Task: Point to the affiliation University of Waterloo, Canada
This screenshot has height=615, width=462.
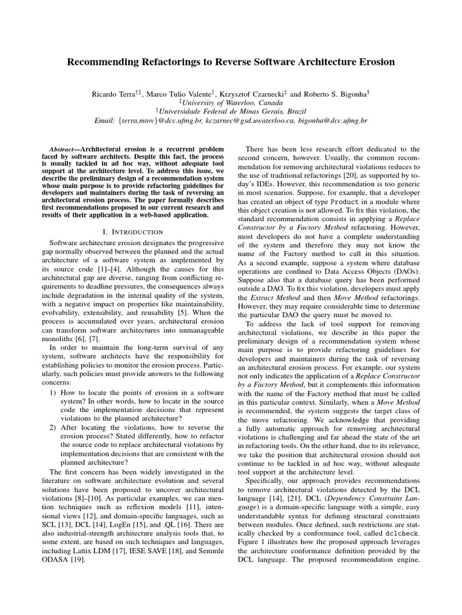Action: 233,102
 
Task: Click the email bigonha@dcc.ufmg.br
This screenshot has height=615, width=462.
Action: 331,120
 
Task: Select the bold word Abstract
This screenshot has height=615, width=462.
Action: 63,148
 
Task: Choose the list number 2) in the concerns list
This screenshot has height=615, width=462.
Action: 54,427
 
